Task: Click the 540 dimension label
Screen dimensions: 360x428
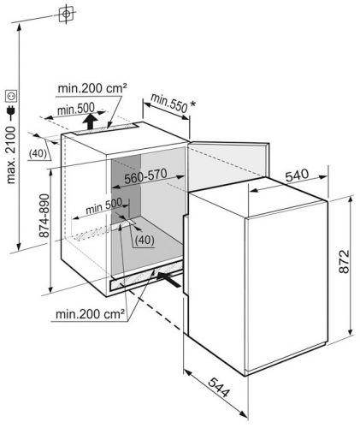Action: (297, 175)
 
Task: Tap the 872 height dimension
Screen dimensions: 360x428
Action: (345, 262)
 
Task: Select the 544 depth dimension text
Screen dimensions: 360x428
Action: (219, 387)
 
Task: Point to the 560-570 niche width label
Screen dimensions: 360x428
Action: (145, 176)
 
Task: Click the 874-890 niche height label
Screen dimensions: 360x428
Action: (44, 216)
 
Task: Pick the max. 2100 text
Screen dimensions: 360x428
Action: (11, 155)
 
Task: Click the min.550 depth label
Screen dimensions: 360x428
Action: (168, 103)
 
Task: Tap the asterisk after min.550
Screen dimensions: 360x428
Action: (193, 104)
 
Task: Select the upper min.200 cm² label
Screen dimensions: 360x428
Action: (92, 88)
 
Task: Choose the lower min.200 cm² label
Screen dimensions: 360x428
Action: (90, 314)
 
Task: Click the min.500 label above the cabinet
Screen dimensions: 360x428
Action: (76, 109)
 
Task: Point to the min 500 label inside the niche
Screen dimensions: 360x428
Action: (104, 206)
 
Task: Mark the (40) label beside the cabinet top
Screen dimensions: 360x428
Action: (38, 153)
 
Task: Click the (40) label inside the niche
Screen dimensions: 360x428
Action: (145, 240)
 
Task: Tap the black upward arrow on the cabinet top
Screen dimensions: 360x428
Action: (90, 122)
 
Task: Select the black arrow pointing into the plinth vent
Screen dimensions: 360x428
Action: (168, 279)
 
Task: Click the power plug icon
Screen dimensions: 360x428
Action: (11, 112)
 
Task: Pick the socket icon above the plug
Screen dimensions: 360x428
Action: (12, 96)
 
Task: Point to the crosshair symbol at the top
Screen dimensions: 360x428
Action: (66, 14)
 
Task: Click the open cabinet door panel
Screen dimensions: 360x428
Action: (228, 165)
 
